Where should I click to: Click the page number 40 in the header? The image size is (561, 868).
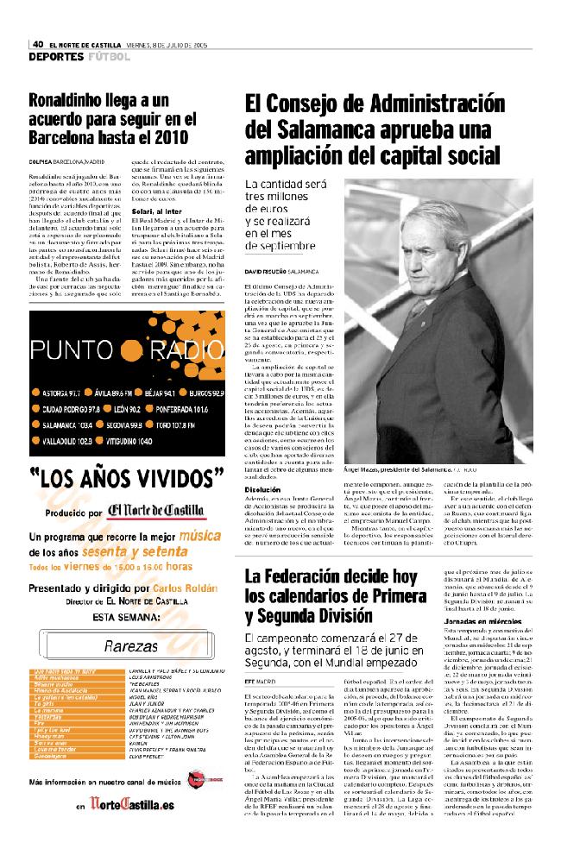(38, 45)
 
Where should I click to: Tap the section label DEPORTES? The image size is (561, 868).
(55, 57)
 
